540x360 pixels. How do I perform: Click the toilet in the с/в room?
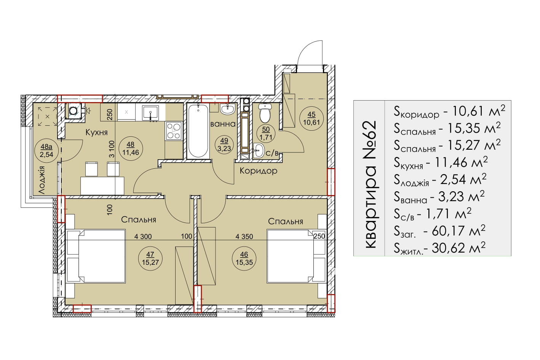coord(265,113)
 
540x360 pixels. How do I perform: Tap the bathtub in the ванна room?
coord(198,131)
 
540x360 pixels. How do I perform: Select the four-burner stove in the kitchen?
coord(174,130)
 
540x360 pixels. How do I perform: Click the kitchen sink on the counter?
coord(150,113)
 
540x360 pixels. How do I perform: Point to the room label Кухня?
coord(96,132)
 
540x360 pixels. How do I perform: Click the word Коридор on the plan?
coord(259,171)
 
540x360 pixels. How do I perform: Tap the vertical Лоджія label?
coord(42,180)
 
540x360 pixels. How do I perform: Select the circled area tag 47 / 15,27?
coord(150,258)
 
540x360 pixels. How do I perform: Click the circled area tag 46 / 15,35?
coord(244,258)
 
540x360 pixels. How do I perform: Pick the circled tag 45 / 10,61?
coord(312,118)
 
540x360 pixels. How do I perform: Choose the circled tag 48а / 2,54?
coord(46,150)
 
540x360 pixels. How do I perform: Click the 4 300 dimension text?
coord(143,237)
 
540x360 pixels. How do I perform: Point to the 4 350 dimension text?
coord(244,237)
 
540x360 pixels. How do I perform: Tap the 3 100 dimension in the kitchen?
coord(112,149)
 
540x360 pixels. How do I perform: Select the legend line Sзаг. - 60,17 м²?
coord(439,231)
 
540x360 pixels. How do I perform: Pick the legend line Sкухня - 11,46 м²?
coord(441,162)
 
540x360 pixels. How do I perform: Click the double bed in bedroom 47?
coord(96,256)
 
